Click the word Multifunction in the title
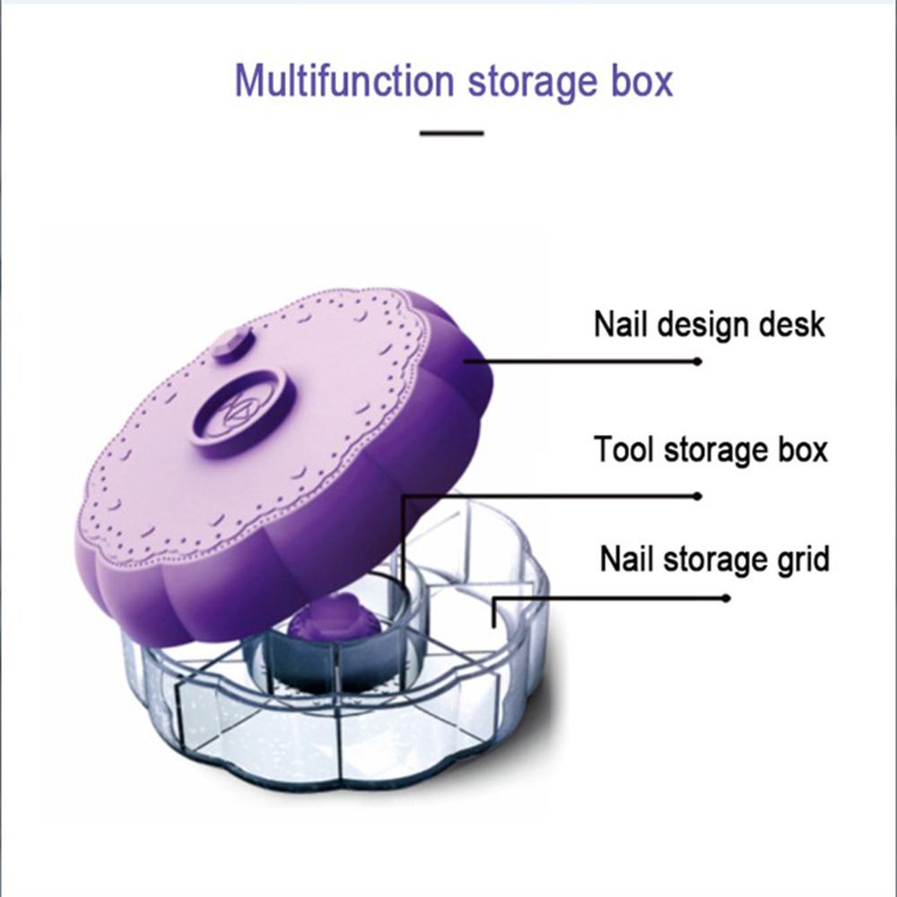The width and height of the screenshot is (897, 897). (345, 82)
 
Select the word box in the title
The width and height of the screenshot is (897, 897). (639, 82)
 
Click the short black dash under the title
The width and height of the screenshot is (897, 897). (452, 133)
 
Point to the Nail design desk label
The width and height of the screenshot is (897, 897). (709, 324)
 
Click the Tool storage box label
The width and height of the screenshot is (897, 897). (710, 449)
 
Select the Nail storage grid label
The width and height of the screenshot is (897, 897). (714, 560)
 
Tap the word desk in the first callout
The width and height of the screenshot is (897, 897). (789, 324)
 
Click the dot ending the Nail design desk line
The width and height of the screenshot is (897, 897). (699, 361)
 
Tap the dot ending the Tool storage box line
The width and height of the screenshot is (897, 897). (699, 494)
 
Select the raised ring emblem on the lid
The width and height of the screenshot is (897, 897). (242, 409)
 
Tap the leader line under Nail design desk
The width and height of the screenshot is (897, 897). (583, 361)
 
